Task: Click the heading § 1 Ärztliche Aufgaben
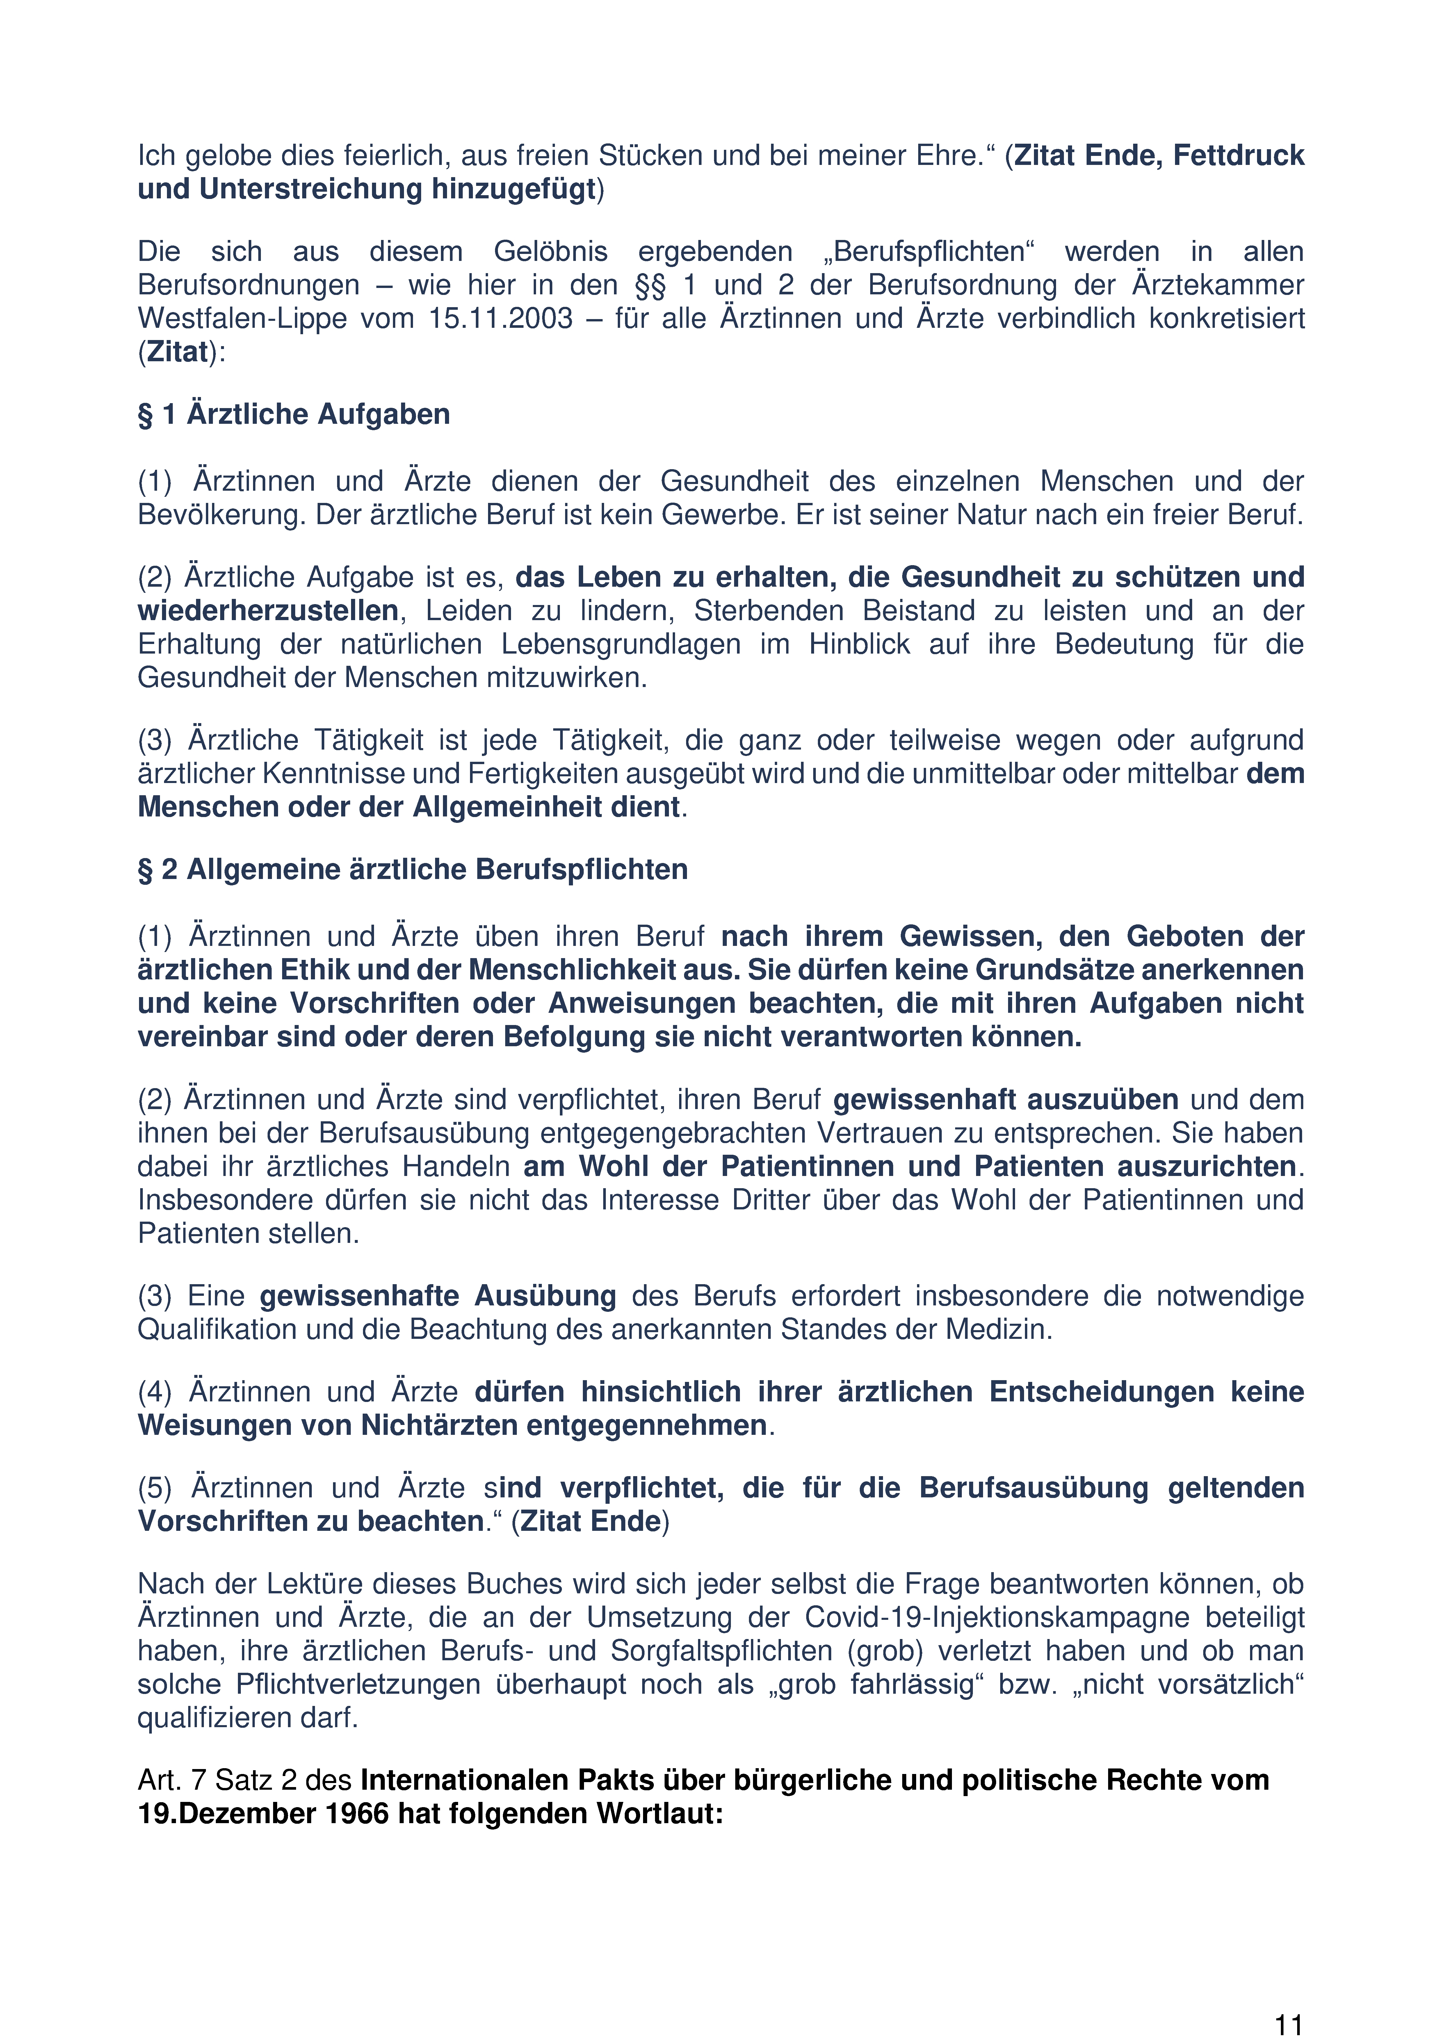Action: click(x=293, y=414)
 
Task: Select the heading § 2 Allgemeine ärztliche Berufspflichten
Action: click(x=412, y=869)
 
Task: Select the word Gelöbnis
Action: click(x=550, y=252)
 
